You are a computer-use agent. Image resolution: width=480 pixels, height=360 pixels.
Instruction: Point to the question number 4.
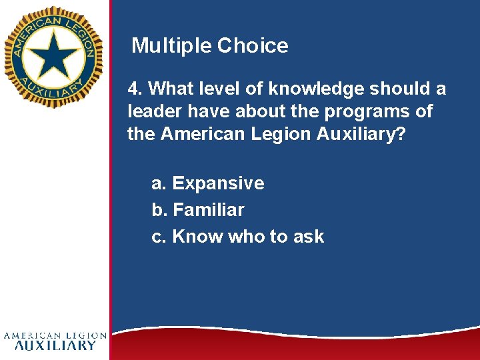click(134, 89)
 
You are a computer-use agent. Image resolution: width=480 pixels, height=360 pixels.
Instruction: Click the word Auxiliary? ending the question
click(361, 134)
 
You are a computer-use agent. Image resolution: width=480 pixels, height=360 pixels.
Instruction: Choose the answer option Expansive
click(218, 183)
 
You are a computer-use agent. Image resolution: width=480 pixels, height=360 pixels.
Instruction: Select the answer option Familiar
click(208, 210)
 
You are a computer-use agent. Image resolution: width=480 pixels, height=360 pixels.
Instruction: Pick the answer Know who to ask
click(248, 237)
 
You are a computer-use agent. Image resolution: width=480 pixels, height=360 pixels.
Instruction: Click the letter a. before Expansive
click(159, 183)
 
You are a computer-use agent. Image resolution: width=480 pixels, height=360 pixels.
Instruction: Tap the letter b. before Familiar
click(159, 210)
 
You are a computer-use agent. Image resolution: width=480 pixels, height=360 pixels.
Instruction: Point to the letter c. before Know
click(159, 237)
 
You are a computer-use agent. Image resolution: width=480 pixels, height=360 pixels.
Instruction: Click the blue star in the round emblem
click(53, 53)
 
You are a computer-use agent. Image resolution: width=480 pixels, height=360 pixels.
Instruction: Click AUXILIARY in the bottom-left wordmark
click(55, 345)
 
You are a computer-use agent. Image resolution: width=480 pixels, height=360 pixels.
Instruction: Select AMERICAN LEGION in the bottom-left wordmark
click(55, 335)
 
